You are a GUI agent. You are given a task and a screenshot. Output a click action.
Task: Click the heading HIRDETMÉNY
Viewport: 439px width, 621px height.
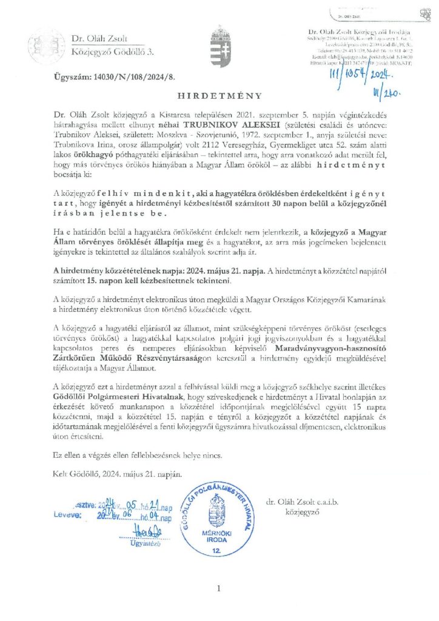[220, 96]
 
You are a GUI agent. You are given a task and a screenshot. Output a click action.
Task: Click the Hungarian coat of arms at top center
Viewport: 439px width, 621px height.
[219, 41]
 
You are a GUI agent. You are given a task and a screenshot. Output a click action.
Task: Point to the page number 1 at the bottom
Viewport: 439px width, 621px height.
[219, 588]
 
